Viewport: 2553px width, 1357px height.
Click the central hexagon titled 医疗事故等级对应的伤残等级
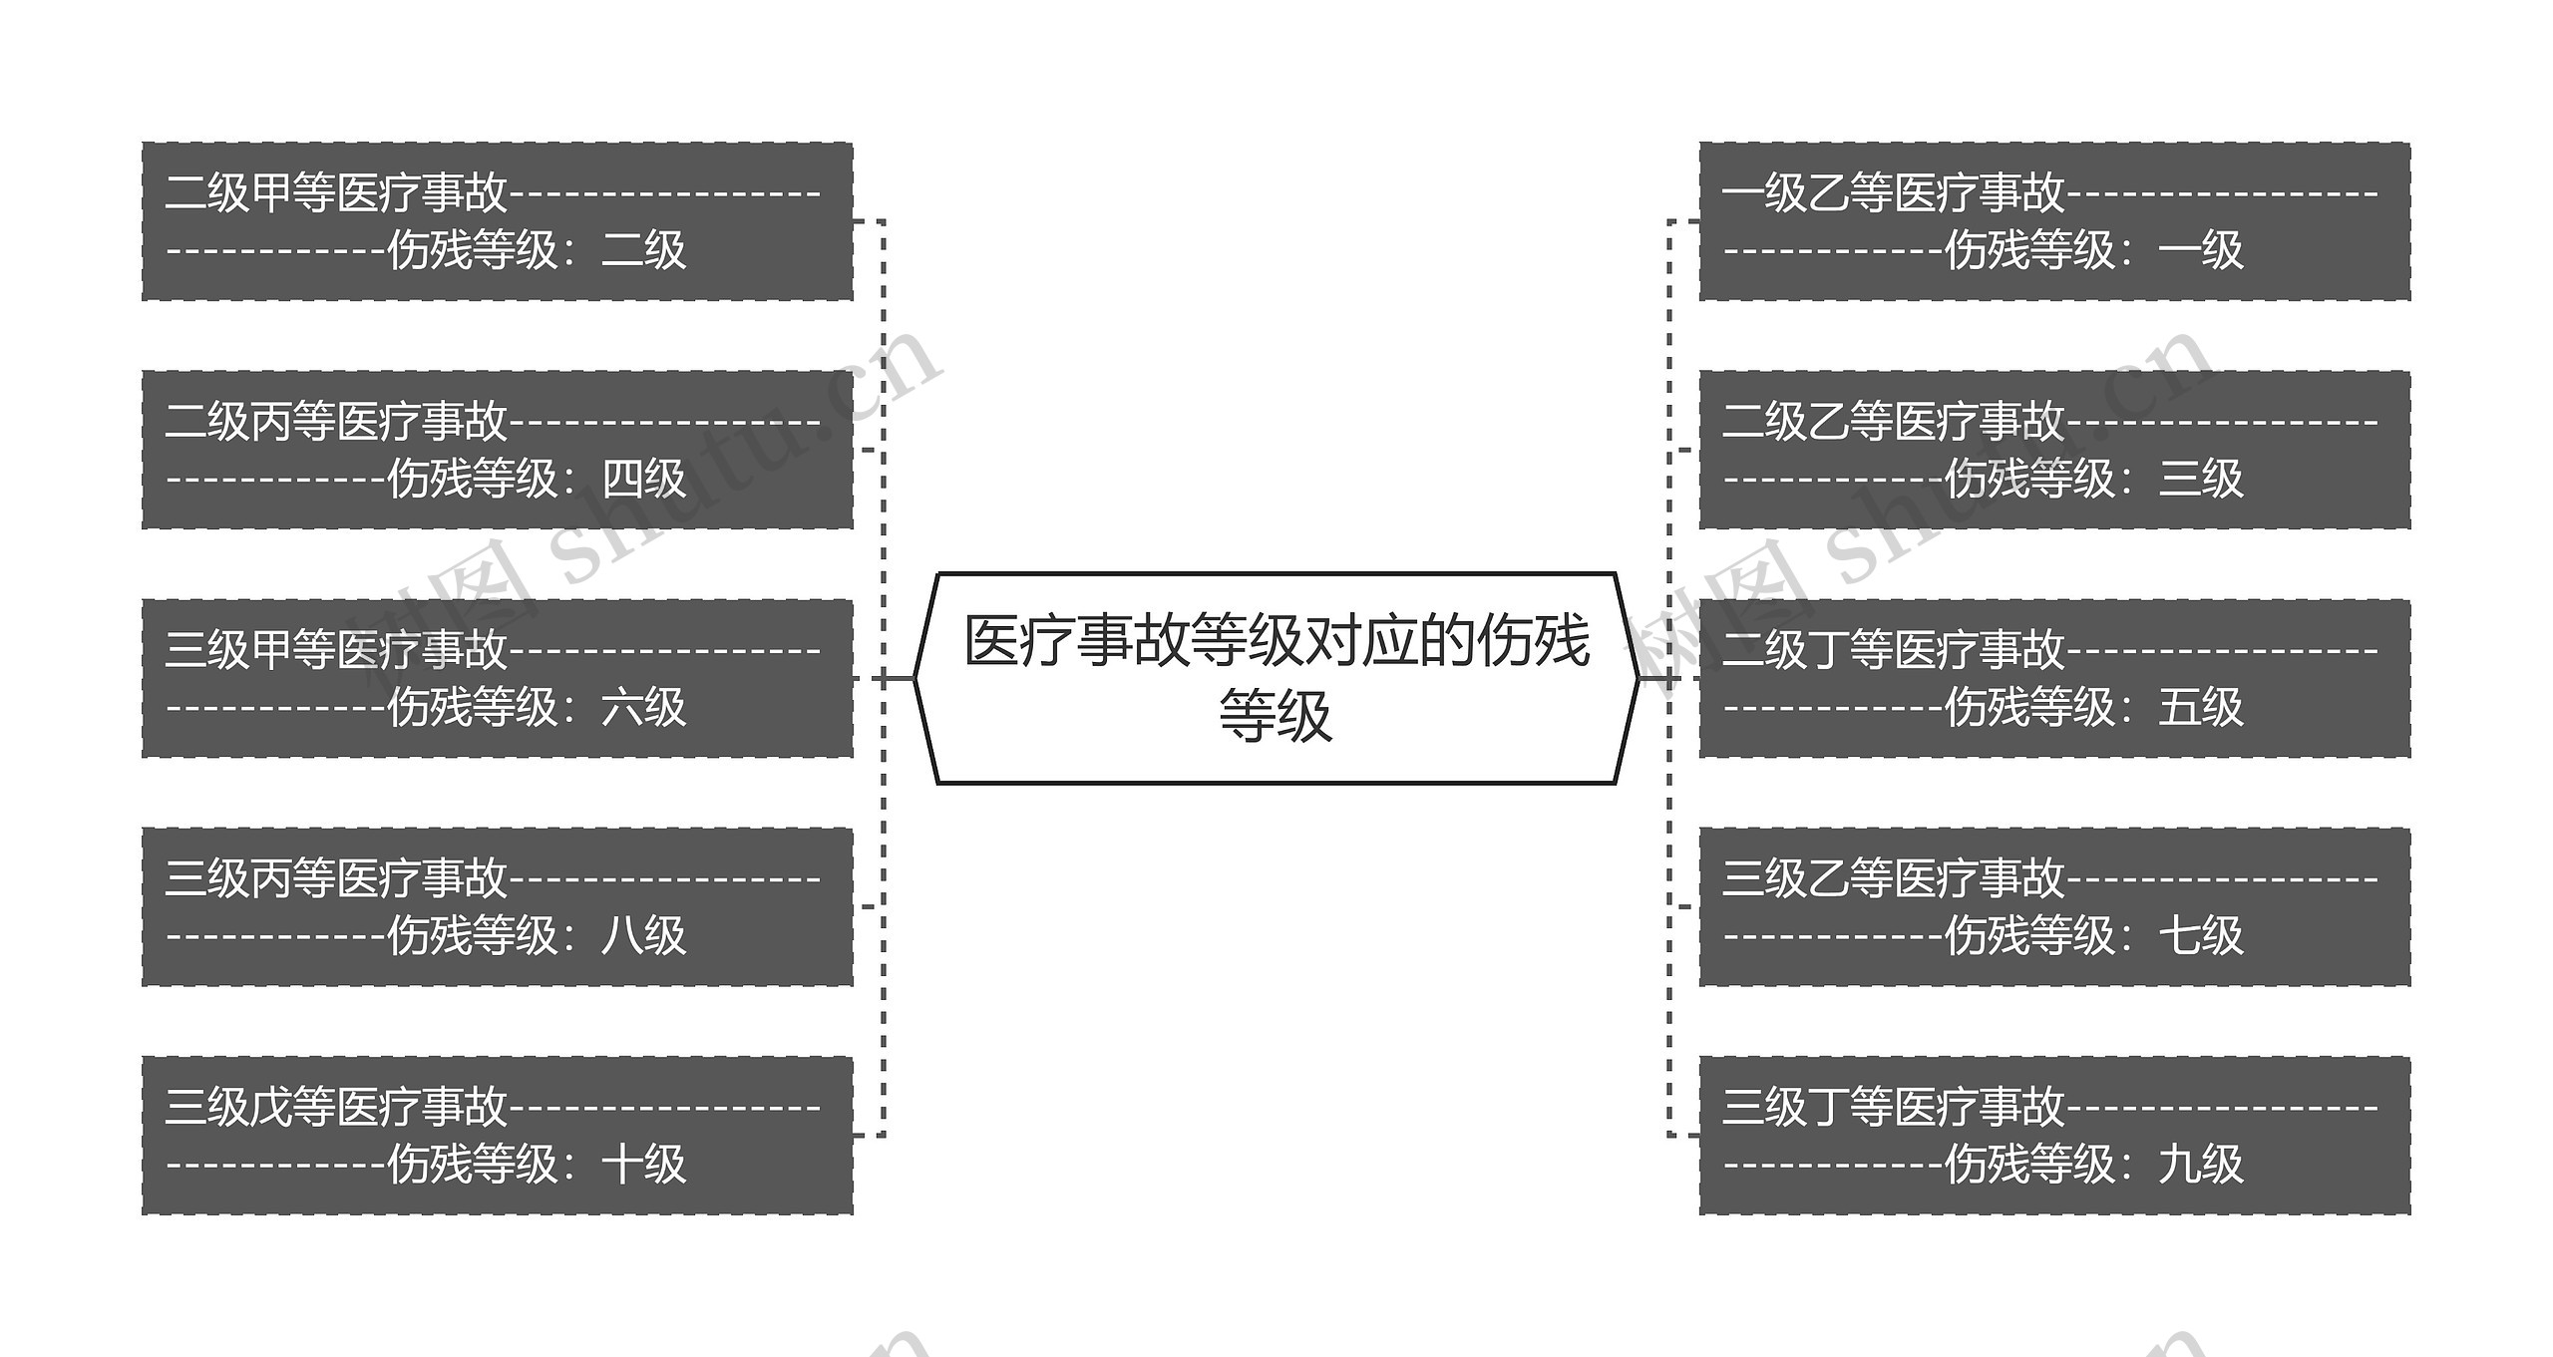(1276, 678)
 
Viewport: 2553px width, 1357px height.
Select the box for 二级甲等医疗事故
(497, 220)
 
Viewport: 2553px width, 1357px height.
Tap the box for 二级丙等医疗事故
(497, 449)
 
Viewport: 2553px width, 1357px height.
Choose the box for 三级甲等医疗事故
(497, 678)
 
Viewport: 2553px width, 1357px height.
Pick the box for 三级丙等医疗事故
(497, 906)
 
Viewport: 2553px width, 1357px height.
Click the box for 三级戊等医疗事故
(497, 1135)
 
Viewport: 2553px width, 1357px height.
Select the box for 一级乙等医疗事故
(2054, 220)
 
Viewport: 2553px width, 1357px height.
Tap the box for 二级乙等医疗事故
(2054, 449)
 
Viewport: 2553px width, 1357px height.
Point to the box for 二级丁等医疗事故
(2054, 678)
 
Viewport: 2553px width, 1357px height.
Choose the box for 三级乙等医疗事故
(2054, 906)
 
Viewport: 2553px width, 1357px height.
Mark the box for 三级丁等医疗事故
(2054, 1135)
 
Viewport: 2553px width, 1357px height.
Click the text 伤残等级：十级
(536, 1164)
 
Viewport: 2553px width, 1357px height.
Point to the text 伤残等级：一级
(2093, 249)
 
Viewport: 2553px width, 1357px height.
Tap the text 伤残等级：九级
(2093, 1164)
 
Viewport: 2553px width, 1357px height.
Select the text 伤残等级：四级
(536, 478)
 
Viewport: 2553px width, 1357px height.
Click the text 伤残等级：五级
(2093, 707)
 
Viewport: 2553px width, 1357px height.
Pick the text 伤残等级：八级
(536, 935)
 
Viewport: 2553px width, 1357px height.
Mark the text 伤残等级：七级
(2093, 935)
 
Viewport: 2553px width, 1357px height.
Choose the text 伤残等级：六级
(536, 707)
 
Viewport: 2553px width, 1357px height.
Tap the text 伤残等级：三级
(2093, 478)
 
